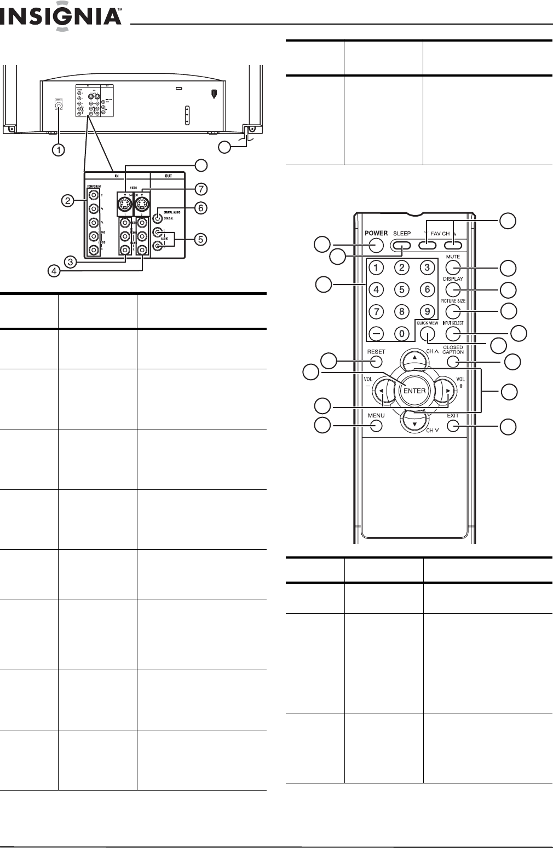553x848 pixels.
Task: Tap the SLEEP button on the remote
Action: click(x=402, y=245)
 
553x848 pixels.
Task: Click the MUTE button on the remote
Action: click(x=453, y=268)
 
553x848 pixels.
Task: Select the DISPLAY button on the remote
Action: click(x=453, y=289)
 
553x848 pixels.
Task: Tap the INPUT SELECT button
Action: click(x=453, y=333)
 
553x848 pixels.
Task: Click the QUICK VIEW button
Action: click(x=428, y=333)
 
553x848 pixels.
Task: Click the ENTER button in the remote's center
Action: click(x=414, y=391)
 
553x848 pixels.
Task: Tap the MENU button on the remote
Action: click(x=376, y=425)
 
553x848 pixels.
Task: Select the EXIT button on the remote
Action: click(x=453, y=425)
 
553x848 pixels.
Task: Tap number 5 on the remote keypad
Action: click(x=402, y=289)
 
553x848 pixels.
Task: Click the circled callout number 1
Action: click(x=58, y=149)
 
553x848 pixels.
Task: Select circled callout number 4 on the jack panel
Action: click(x=54, y=270)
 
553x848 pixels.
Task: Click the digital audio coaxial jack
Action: click(x=158, y=217)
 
